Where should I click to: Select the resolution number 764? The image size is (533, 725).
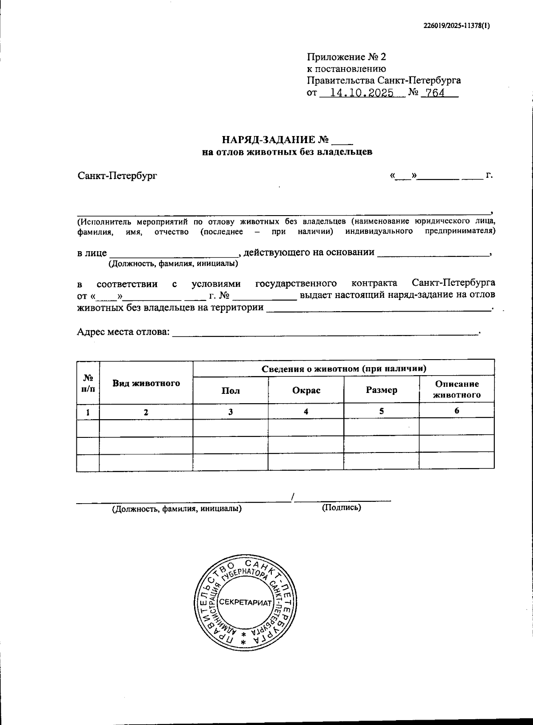click(x=435, y=94)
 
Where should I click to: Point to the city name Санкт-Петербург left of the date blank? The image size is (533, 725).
click(x=117, y=176)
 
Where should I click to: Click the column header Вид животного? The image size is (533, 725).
click(x=146, y=383)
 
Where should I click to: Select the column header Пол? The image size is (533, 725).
click(x=231, y=391)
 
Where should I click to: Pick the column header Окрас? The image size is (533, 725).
click(x=306, y=391)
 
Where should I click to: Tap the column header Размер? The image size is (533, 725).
click(x=382, y=390)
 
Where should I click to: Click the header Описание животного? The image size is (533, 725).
click(x=457, y=389)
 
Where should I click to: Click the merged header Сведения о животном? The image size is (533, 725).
click(x=344, y=369)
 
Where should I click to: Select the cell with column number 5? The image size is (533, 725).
click(x=382, y=411)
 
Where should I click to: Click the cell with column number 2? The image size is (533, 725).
click(x=146, y=412)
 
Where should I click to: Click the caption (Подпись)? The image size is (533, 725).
click(x=341, y=508)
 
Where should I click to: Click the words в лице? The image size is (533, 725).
click(x=92, y=253)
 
